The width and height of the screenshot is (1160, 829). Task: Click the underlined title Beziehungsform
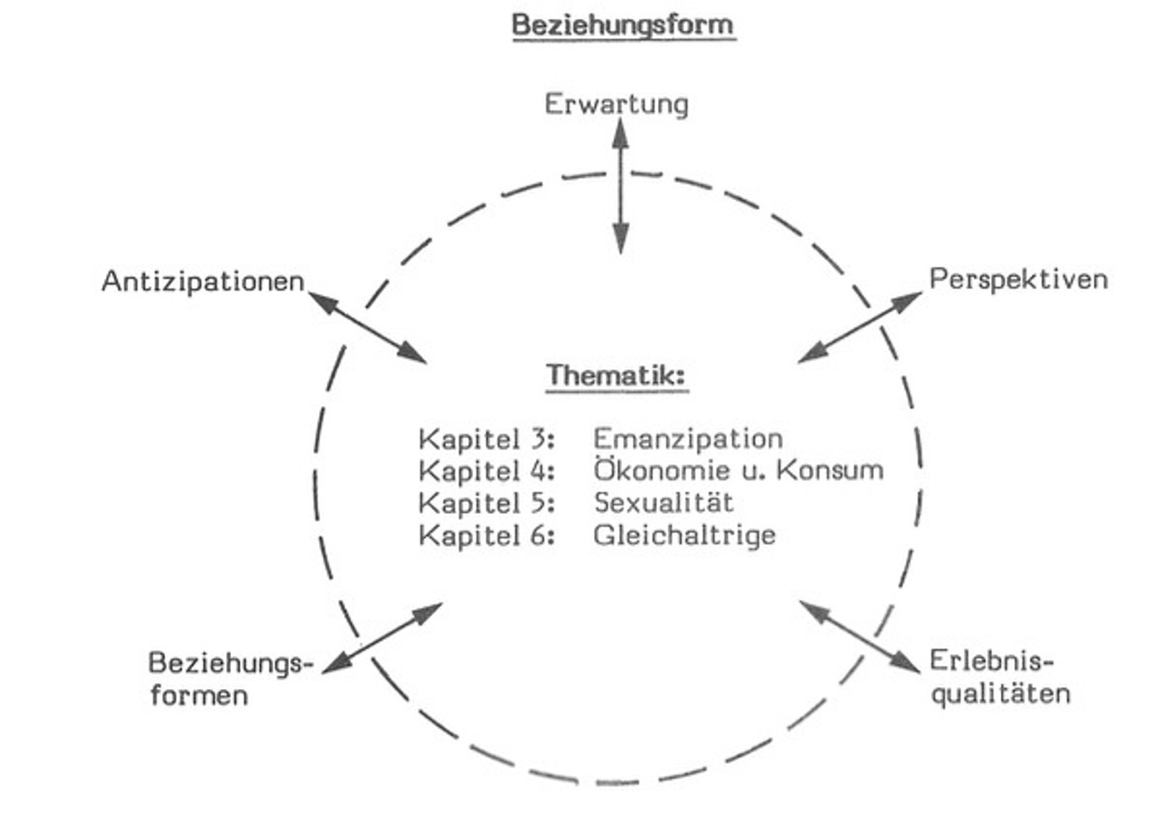click(x=623, y=24)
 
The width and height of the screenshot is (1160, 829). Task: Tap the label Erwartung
click(x=616, y=104)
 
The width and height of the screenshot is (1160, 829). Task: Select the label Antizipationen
click(x=203, y=282)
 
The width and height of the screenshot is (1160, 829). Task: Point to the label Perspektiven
click(x=1018, y=279)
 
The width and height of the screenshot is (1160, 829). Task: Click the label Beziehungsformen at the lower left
click(x=230, y=678)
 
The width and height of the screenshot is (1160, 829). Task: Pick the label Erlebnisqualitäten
click(x=999, y=676)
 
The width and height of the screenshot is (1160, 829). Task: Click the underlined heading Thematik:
click(x=616, y=375)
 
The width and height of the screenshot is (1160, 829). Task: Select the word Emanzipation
click(x=688, y=438)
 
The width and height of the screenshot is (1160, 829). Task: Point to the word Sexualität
click(x=664, y=502)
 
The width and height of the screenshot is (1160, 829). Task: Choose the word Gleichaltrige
click(x=684, y=535)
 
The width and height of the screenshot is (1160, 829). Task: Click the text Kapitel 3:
click(x=486, y=439)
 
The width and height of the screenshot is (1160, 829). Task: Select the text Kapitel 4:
click(x=486, y=471)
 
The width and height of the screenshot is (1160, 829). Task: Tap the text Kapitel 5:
click(x=486, y=503)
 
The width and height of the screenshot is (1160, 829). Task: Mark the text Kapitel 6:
click(x=486, y=536)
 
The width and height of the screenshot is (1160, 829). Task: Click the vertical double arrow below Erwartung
click(x=621, y=187)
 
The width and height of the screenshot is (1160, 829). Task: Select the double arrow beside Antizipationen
click(x=367, y=327)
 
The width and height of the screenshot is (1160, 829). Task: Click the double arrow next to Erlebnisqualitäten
click(x=860, y=637)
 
